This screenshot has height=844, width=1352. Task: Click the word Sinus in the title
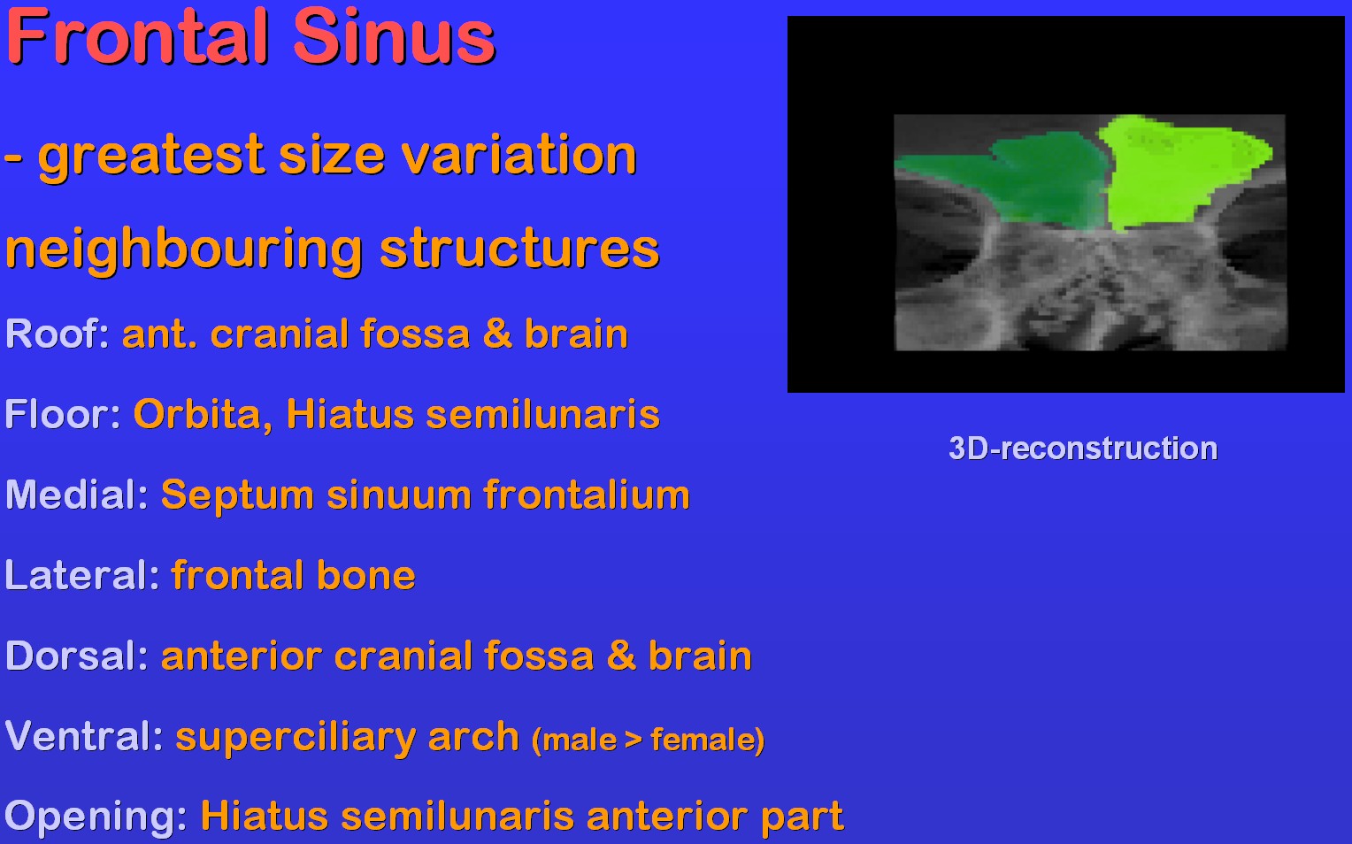(394, 36)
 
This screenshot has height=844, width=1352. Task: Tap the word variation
(519, 155)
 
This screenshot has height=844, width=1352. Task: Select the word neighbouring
(184, 249)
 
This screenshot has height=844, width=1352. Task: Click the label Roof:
(58, 334)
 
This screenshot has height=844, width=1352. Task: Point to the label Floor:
(63, 414)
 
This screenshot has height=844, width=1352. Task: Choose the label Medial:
(77, 494)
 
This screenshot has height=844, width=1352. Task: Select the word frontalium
(587, 495)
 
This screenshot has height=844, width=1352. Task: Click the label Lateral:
(82, 575)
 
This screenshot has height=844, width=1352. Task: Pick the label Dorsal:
(77, 656)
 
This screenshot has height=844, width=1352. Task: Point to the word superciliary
(296, 737)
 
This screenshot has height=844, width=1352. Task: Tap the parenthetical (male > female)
(648, 740)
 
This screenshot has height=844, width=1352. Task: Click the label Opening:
(96, 817)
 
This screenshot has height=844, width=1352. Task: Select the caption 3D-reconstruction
(1083, 449)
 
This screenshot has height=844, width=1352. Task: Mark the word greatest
(151, 156)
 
